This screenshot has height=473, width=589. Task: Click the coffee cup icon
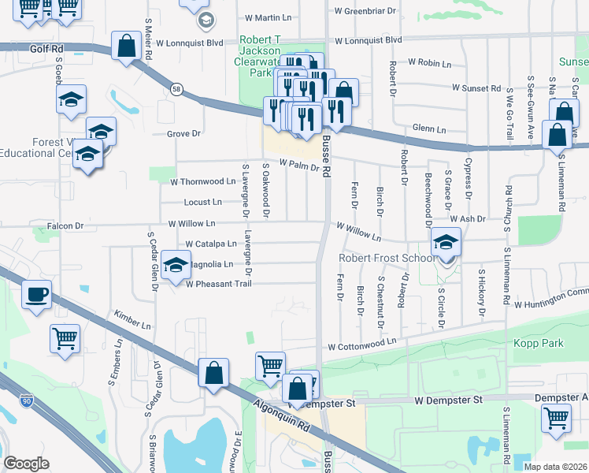coord(36,296)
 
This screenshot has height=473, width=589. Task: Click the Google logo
coord(26,464)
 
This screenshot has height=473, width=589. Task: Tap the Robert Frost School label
coord(387,258)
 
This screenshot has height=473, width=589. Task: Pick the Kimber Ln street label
coord(132,318)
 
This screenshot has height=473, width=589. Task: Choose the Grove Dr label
coord(184,134)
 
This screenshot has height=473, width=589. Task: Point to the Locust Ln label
coord(202,202)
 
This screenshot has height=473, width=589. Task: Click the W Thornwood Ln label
coord(203,181)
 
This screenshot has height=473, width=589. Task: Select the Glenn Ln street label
coord(429,129)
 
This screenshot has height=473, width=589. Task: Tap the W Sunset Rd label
coord(476,88)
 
